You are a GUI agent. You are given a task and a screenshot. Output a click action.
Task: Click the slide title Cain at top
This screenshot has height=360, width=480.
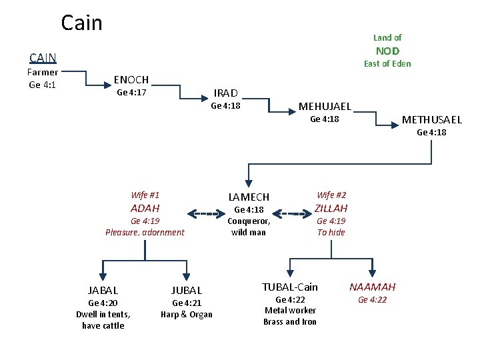81,23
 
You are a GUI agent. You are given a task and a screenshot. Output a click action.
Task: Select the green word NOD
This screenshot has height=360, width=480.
387,51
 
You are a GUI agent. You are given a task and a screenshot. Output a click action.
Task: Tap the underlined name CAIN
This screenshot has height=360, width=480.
43,58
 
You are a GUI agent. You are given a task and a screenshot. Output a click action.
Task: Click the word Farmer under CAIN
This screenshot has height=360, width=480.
43,72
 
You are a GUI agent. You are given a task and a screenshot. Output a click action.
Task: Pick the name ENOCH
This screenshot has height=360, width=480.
131,79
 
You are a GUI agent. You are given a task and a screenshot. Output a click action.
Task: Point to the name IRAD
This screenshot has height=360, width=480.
225,93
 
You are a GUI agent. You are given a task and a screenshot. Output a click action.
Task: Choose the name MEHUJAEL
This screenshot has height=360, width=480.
325,106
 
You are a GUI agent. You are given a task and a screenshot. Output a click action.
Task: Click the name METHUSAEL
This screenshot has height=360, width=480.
431,120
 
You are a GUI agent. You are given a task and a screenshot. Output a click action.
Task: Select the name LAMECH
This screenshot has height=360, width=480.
249,197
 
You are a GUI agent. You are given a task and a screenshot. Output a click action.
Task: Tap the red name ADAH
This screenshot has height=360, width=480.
145,208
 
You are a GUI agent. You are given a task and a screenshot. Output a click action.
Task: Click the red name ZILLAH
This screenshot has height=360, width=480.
331,208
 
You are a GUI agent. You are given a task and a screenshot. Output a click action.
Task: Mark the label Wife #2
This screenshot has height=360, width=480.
331,195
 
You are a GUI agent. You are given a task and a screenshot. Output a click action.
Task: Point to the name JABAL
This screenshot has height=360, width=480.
103,290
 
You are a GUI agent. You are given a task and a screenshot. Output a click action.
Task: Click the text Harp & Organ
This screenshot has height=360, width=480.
187,315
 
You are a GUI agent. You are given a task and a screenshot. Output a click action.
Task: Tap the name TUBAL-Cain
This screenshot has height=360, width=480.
290,287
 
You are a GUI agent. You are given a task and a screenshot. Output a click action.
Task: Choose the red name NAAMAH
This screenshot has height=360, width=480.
373,287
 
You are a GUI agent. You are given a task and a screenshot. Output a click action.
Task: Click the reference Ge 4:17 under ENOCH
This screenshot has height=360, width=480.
131,93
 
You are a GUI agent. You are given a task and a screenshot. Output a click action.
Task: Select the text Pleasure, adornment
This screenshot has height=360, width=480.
145,233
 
